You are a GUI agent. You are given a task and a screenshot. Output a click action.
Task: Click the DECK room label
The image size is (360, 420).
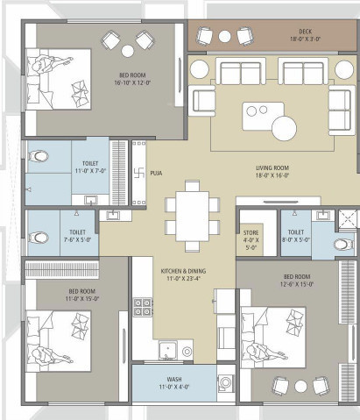(x=306, y=31)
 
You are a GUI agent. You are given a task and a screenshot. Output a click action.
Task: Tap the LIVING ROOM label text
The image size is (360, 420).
(x=272, y=166)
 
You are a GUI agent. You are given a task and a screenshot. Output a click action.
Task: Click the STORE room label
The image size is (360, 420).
(x=251, y=232)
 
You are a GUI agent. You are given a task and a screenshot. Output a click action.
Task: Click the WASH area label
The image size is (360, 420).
(x=174, y=379)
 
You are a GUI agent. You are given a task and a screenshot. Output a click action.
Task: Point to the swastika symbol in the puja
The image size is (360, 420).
(x=137, y=173)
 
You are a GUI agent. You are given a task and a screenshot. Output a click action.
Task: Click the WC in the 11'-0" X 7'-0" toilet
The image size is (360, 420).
(x=38, y=157)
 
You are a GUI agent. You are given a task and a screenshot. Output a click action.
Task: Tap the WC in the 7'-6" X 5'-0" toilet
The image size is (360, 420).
(x=38, y=237)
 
